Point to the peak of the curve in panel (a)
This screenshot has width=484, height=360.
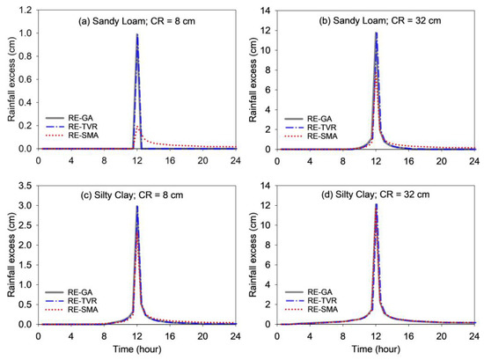click(137, 34)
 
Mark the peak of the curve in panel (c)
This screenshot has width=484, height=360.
click(137, 206)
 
